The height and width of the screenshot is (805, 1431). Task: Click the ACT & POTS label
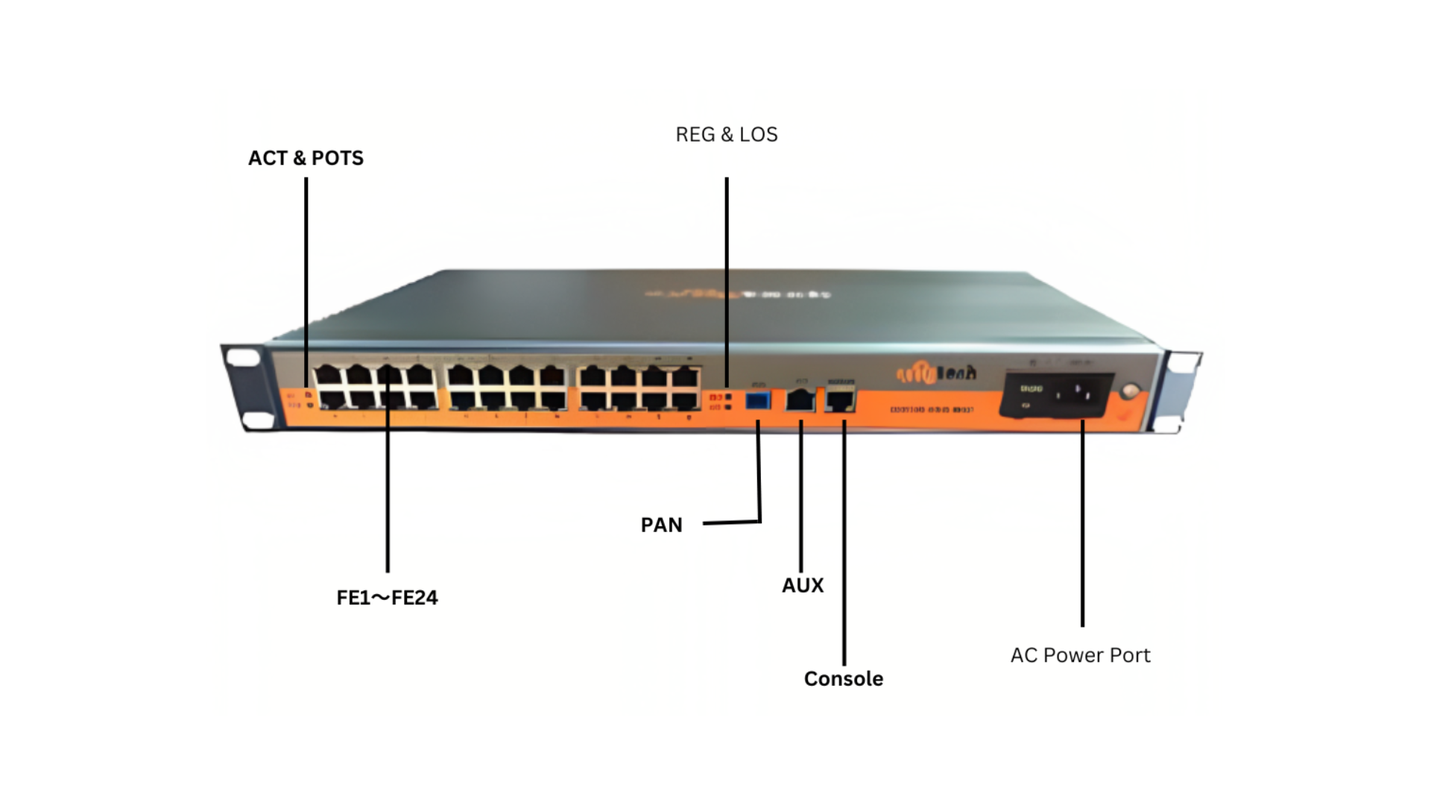[306, 158]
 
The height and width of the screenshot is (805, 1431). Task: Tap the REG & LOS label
[726, 134]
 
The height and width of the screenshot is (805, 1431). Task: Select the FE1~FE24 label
[387, 597]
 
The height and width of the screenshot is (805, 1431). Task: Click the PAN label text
[661, 525]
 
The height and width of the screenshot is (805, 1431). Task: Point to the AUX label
[803, 585]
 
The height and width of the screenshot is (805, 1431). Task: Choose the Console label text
[843, 678]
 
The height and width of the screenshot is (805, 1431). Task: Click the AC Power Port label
[1080, 655]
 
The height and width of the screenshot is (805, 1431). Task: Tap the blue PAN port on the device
[758, 400]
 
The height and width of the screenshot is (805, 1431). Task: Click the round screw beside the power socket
[1131, 390]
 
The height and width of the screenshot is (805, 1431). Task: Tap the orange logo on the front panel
[935, 373]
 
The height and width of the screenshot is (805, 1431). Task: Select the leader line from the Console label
[844, 544]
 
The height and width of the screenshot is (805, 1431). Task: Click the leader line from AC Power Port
[1082, 522]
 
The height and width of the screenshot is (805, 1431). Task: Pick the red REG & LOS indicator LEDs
[716, 402]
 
